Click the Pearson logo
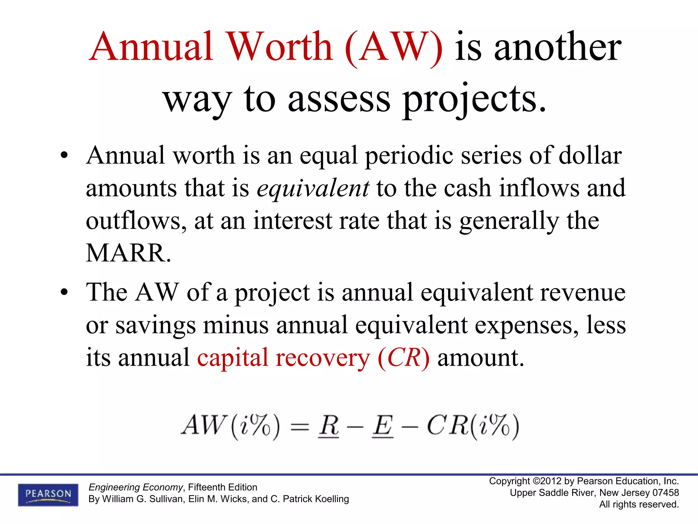48,494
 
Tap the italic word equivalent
313,188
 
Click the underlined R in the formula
329,426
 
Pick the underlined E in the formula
382,426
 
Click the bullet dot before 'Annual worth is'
64,156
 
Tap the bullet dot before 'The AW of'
64,292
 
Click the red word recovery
323,358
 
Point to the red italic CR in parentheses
404,358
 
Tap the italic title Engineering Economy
136,487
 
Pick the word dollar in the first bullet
590,156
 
